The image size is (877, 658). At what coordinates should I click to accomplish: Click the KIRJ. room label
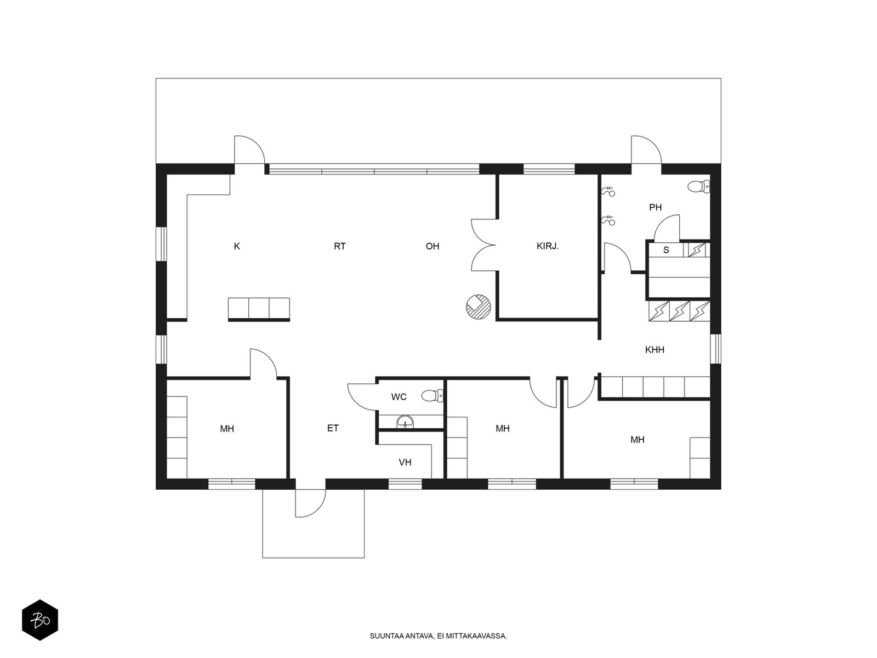coord(547,246)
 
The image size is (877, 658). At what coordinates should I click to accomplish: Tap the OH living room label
coord(432,246)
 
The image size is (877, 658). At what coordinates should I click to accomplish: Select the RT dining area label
coord(340,246)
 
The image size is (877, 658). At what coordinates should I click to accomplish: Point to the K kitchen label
coord(237,246)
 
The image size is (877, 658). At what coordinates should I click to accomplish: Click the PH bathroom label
coord(655,207)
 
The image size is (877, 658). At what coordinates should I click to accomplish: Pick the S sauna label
coord(666,250)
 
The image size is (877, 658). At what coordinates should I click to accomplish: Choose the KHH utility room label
coord(654,350)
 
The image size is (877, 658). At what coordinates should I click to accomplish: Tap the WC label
coord(398,396)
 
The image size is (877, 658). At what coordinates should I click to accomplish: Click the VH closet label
coord(405,462)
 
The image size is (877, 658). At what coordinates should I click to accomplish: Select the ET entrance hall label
coord(333,428)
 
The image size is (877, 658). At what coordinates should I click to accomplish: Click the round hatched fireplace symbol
coord(479,307)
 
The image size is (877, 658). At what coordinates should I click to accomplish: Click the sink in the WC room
coord(405,422)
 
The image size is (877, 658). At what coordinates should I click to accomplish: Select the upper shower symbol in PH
coord(608,192)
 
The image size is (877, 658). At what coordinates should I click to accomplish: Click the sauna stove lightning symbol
coord(697,250)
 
